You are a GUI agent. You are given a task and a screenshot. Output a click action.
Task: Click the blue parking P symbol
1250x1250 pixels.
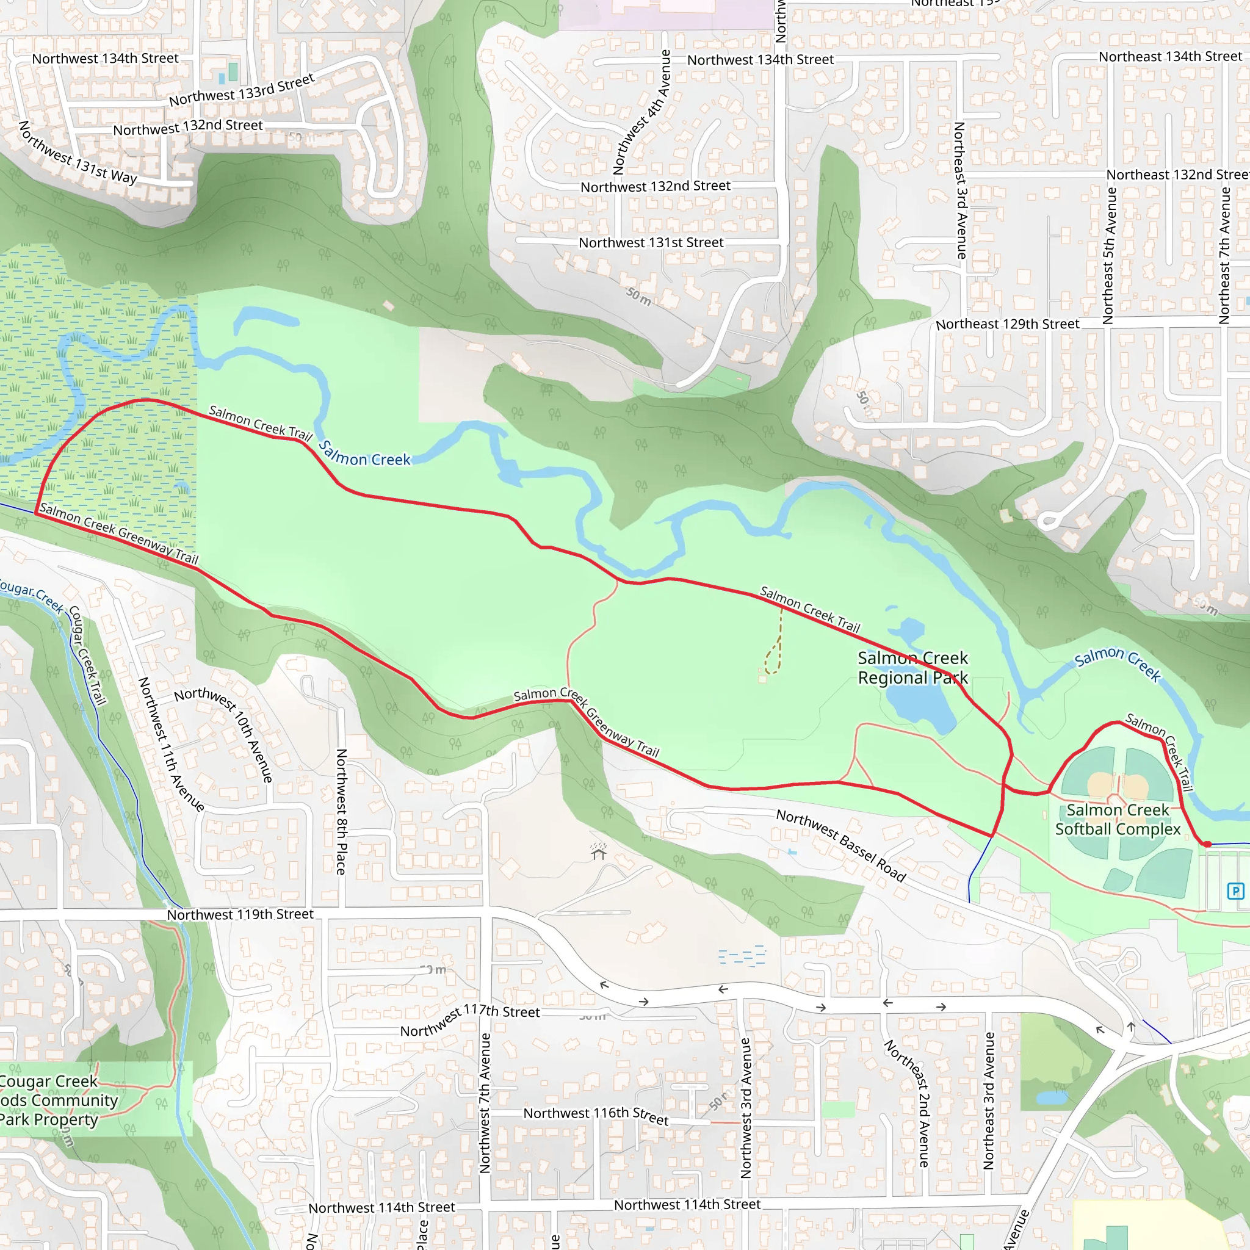coord(1235,892)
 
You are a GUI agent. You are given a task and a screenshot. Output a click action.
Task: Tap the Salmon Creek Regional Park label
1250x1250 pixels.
coord(912,668)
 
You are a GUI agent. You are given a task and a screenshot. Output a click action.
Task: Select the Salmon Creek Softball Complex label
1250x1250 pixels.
coord(1118,819)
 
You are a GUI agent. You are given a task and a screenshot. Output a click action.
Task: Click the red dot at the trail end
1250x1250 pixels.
coord(1207,844)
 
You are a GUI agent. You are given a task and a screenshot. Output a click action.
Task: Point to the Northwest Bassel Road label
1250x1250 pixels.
coord(840,845)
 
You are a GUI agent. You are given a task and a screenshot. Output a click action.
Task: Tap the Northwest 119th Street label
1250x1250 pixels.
coord(240,914)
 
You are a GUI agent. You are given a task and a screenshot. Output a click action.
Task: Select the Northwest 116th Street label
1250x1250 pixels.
coord(596,1115)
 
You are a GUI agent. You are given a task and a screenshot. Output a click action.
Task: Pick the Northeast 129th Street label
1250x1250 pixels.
coord(1007,324)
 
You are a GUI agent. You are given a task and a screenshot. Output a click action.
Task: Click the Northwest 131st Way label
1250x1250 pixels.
coord(78,153)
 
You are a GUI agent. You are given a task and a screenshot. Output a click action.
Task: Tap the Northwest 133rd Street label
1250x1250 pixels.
coord(241,90)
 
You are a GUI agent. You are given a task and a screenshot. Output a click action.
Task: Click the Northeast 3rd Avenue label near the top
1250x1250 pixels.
coord(960,190)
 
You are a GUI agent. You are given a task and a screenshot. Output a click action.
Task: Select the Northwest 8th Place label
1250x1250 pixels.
coord(342,811)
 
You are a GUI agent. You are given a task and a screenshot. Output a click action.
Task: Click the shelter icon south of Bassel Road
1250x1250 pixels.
coord(599,852)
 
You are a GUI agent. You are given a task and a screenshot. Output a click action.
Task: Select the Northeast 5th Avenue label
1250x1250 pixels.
coord(1109,256)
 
